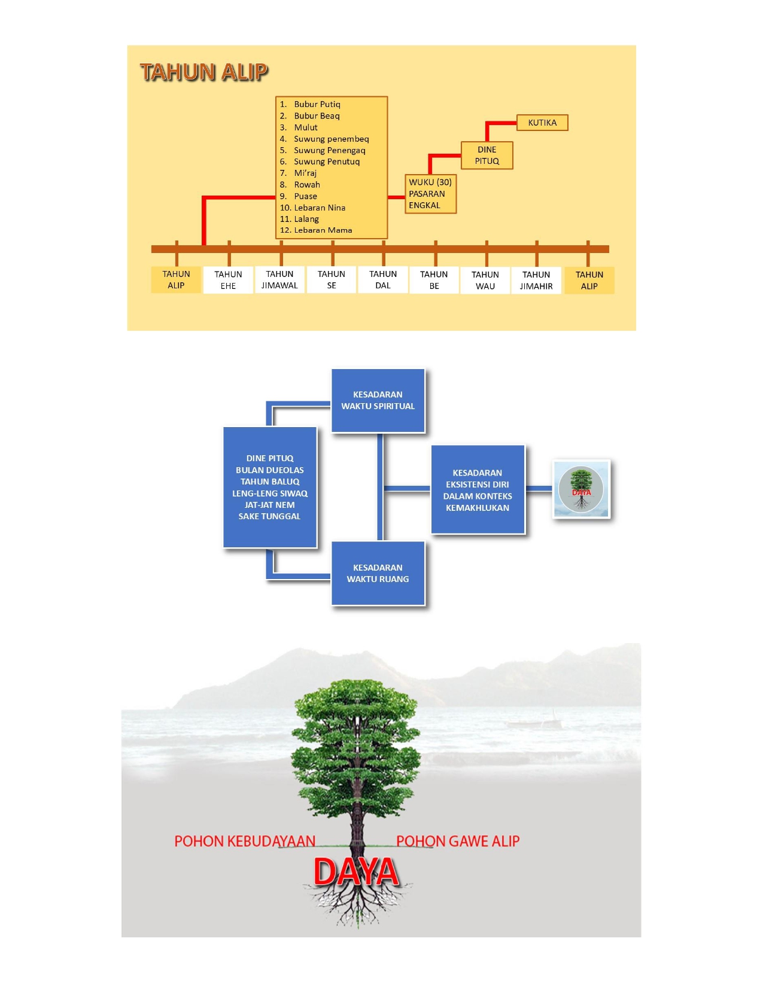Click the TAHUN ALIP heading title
pos(204,72)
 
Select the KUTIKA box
pos(542,123)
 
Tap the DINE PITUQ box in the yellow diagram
pos(487,156)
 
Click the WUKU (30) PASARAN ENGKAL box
pos(430,194)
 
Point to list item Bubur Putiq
pos(317,104)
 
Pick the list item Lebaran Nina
pos(319,208)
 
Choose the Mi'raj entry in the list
pos(305,173)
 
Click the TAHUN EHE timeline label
pos(228,280)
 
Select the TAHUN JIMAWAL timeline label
pos(279,280)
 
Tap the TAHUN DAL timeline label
pos(383,280)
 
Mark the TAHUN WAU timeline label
pos(485,281)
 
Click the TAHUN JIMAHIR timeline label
pos(536,281)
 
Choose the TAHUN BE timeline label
pos(434,281)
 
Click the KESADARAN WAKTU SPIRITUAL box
pos(378,400)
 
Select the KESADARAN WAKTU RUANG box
pos(378,573)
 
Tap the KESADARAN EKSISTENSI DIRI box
pos(478,490)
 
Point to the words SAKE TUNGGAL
pos(269,516)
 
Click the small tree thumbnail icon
pos(581,489)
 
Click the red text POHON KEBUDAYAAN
pos(245,841)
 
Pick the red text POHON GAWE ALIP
pos(458,841)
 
